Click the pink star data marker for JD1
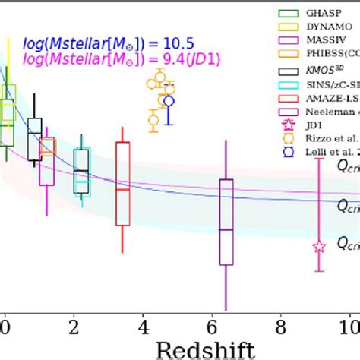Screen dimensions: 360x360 click(x=319, y=246)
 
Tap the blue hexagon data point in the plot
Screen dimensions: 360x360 click(x=169, y=100)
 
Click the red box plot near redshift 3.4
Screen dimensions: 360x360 click(x=122, y=183)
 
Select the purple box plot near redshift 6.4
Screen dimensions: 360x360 click(x=226, y=222)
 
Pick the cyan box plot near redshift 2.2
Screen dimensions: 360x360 click(x=82, y=172)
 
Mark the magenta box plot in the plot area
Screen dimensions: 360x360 click(x=47, y=161)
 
